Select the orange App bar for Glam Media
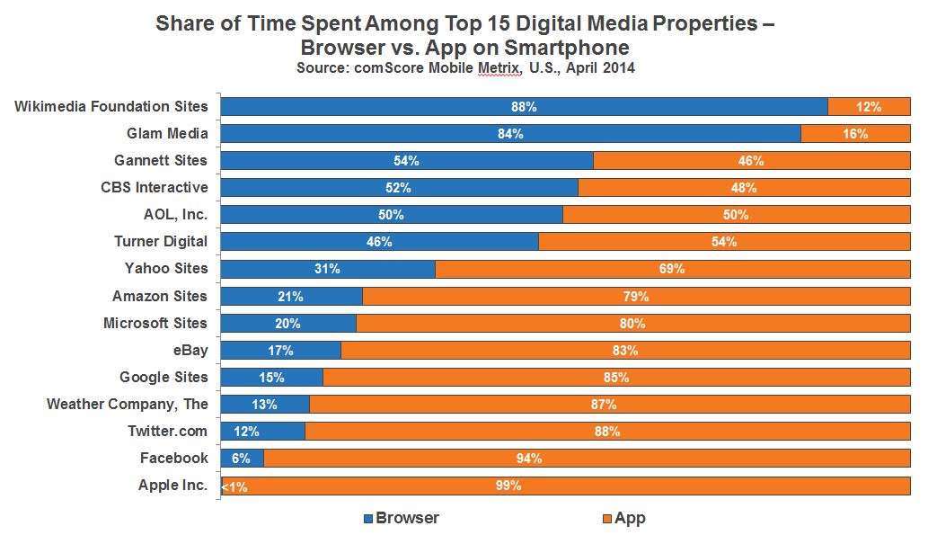point(855,134)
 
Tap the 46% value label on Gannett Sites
point(751,161)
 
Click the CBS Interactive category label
point(155,188)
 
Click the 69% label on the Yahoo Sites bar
point(672,269)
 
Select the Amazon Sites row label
point(160,296)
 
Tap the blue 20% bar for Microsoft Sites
point(288,323)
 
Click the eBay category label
point(190,350)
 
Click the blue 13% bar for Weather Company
point(265,404)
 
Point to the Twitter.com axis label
point(168,431)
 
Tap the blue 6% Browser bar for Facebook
point(242,459)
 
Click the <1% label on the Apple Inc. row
point(234,486)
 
